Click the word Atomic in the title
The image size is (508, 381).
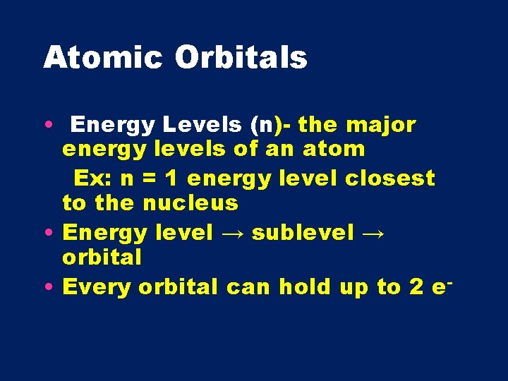click(103, 58)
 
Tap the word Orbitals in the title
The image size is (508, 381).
click(241, 58)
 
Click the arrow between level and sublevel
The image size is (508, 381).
click(231, 233)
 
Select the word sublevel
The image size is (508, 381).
click(301, 232)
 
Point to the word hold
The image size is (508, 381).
click(309, 286)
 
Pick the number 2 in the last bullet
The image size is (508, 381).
click(414, 286)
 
